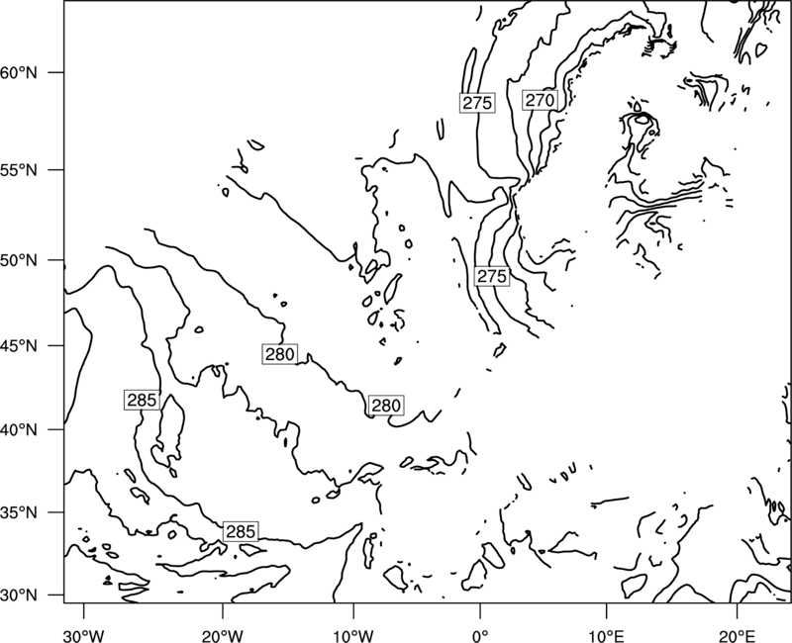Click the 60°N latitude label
coord(19,72)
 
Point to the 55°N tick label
coord(19,170)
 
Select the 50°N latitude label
coord(19,260)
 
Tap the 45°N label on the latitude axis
coord(19,345)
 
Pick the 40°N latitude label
coord(19,430)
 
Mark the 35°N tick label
coord(19,512)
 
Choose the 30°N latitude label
coord(19,596)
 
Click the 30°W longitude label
coord(84,633)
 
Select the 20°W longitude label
coord(222,633)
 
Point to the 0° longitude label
coord(480,633)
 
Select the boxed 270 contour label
coord(540,101)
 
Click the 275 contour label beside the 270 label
coord(477,103)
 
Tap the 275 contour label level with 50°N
coord(492,276)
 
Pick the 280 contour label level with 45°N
coord(280,354)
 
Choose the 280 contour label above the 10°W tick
coord(386,406)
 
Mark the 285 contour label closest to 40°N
coord(142,400)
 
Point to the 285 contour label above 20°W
coord(241,531)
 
